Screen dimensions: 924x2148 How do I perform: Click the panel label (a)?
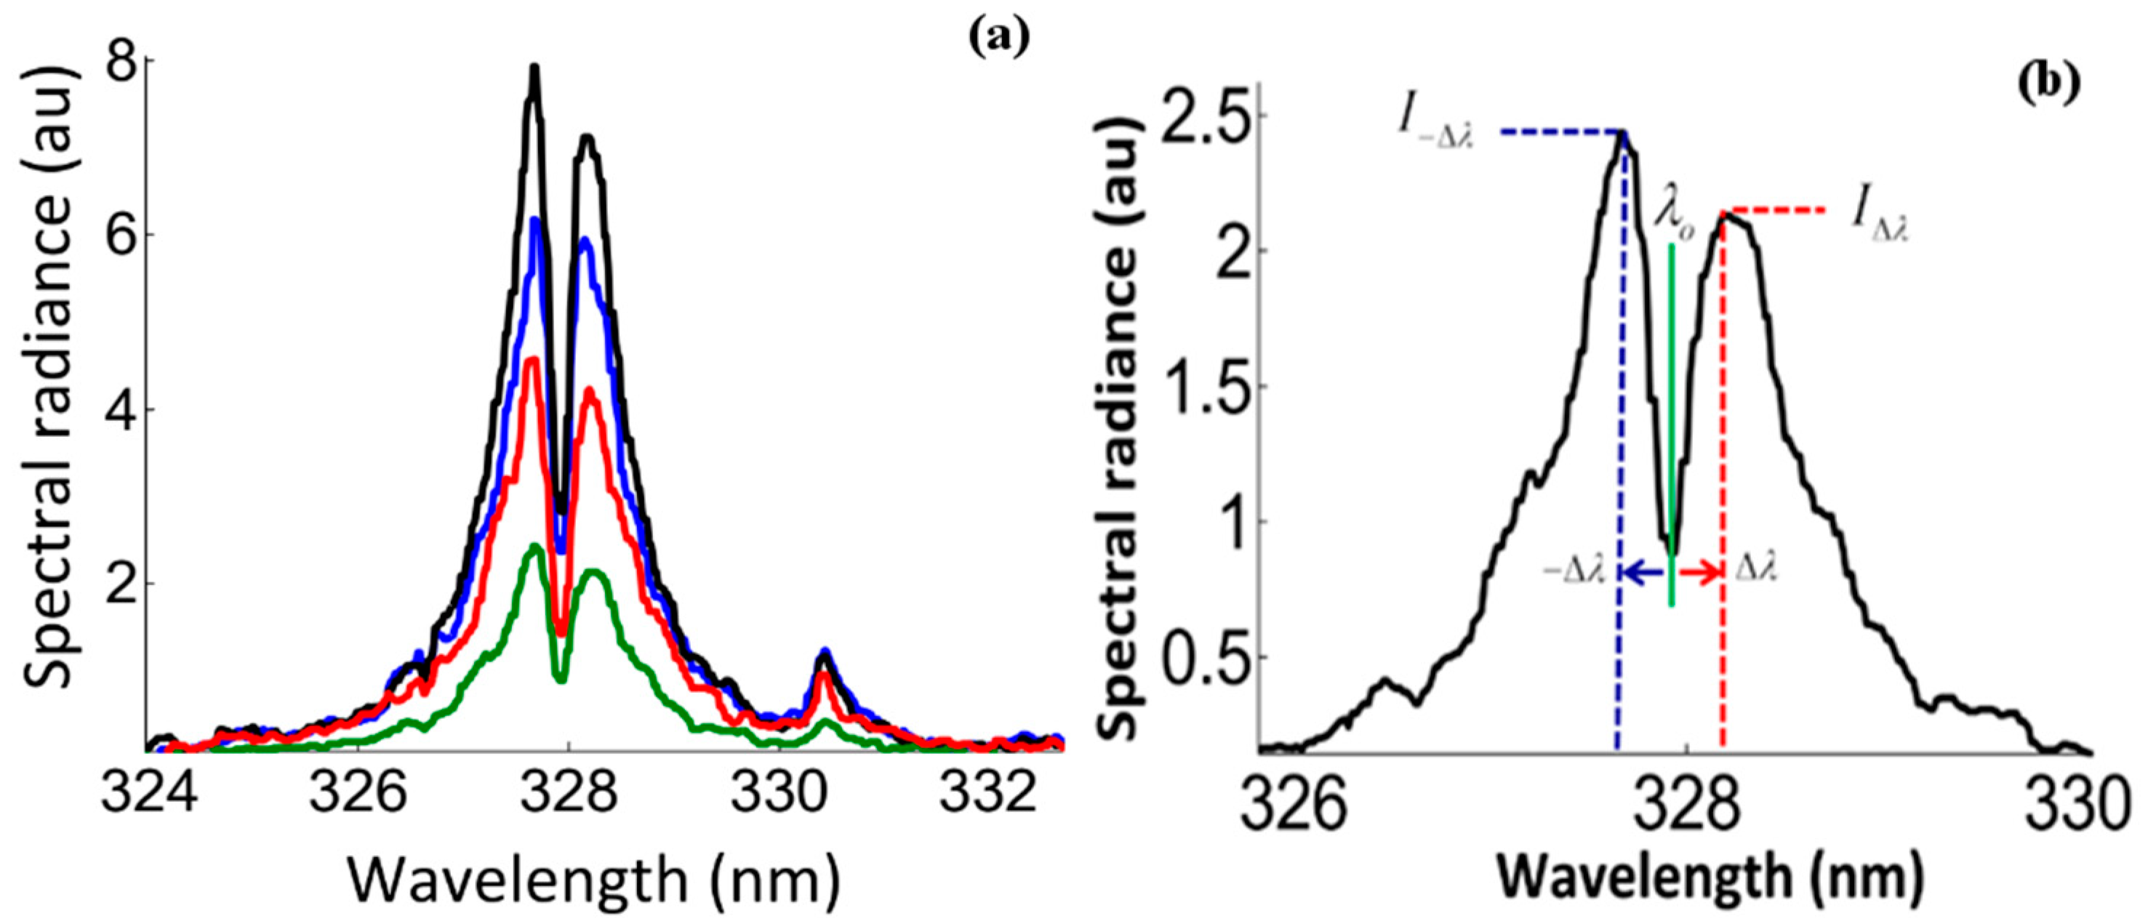(x=999, y=36)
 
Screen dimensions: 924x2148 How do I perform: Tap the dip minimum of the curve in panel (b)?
(x=1670, y=550)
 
